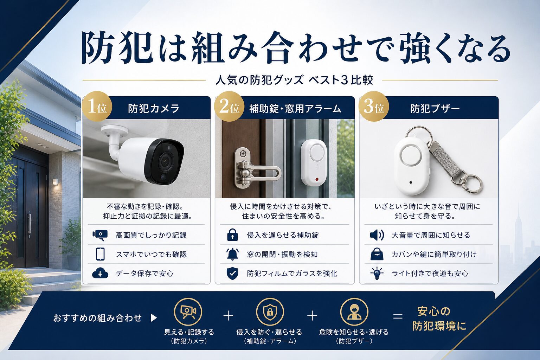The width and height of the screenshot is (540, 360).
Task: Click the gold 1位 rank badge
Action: pos(97,106)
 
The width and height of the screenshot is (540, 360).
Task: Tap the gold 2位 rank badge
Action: pos(229,106)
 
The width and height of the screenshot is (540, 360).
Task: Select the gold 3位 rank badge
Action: pos(374,106)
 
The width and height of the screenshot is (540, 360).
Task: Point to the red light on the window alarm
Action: pos(316,180)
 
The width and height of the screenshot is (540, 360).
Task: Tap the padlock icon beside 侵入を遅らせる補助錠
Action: pos(232,235)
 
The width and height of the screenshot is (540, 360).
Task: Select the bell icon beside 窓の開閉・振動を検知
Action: pos(232,254)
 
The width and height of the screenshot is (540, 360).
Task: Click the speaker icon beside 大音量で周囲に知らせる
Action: pos(377,235)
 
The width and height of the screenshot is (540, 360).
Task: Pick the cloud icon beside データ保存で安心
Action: pos(100,273)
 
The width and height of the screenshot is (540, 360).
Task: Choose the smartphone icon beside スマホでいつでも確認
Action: pos(100,254)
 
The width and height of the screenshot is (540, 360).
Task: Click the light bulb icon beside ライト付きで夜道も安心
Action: pos(377,273)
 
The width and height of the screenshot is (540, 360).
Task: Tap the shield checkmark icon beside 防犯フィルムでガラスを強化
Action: pos(232,274)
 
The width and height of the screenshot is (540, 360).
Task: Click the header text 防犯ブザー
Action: pos(435,109)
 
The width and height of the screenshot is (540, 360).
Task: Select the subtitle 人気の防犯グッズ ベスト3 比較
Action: pos(294,80)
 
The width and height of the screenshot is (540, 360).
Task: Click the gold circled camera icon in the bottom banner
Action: pos(188,312)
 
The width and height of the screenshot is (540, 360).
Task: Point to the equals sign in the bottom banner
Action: pos(398,316)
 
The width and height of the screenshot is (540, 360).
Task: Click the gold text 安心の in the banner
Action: pos(434,311)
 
